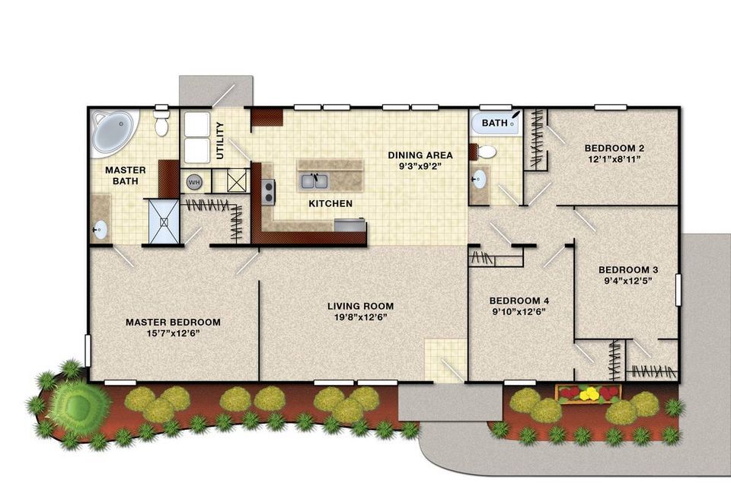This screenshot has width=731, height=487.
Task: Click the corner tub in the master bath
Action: [x=115, y=132]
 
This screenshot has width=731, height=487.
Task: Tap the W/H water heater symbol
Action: [x=194, y=182]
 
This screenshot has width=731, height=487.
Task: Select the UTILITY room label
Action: [x=220, y=140]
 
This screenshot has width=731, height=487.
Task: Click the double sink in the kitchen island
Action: [x=314, y=181]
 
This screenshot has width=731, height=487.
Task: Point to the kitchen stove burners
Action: [x=268, y=192]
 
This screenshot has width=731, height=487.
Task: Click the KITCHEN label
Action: [x=330, y=204]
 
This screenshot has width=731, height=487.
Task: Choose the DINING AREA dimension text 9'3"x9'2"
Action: [x=420, y=167]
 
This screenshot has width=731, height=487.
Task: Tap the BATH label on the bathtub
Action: [x=494, y=123]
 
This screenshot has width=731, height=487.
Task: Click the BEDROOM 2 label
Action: [x=614, y=148]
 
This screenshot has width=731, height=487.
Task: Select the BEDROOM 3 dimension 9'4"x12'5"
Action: [x=627, y=281]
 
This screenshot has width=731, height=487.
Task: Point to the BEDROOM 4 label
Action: [x=519, y=301]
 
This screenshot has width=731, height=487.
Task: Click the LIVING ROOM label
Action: [x=360, y=306]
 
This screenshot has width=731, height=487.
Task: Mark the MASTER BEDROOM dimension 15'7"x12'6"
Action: [x=173, y=333]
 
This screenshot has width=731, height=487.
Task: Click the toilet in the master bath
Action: [x=161, y=122]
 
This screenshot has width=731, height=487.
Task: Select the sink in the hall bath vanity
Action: [x=479, y=179]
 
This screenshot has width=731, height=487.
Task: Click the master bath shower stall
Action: [x=164, y=221]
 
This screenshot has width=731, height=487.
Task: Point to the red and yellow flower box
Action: [x=589, y=394]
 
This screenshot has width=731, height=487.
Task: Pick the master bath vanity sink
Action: [x=100, y=230]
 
